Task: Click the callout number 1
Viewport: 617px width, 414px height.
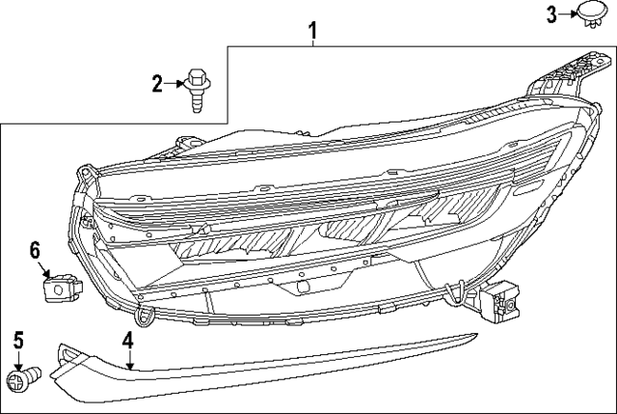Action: pos(312,31)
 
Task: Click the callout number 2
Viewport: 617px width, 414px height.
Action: pos(157,84)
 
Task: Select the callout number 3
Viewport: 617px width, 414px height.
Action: pos(552,14)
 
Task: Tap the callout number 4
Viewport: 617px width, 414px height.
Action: pos(127,340)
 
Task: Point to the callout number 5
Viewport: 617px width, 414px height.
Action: pos(16,339)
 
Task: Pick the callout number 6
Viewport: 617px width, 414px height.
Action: pos(37,250)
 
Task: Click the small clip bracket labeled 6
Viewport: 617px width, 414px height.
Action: pos(59,287)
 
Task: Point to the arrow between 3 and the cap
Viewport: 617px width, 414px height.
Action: pos(568,14)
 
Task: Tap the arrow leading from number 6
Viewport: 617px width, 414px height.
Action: pos(43,269)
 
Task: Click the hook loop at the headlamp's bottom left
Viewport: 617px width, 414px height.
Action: pos(146,315)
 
